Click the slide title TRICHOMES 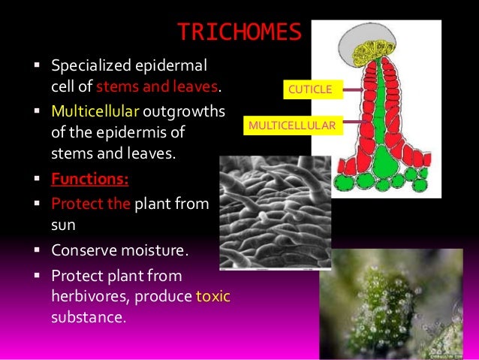239,33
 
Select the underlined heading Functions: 89,180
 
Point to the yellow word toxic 212,296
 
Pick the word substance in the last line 86,316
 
